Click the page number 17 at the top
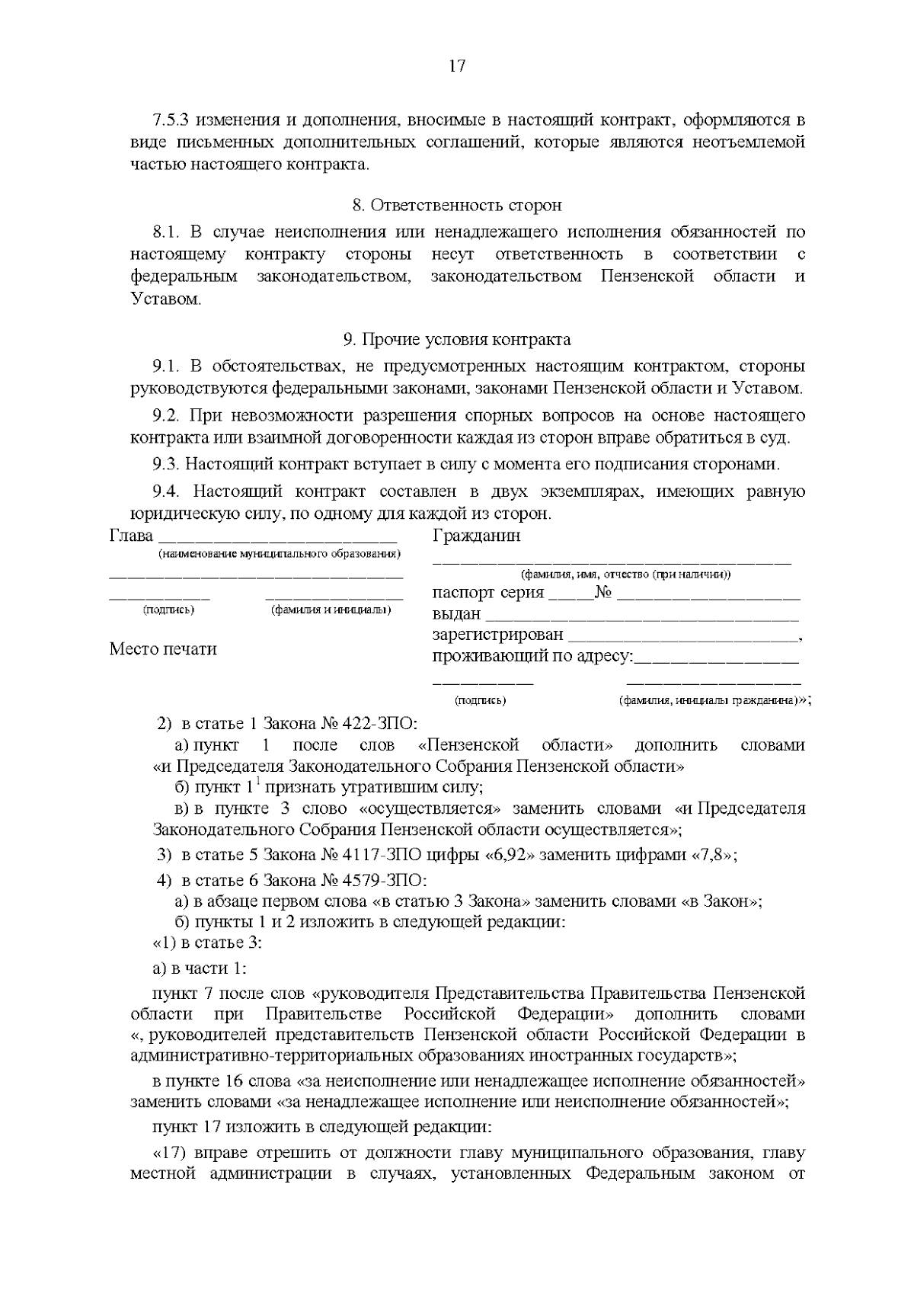(456, 66)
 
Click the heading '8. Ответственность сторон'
(456, 205)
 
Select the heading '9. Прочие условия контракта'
(456, 339)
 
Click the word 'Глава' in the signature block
(131, 536)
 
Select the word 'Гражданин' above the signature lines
(476, 536)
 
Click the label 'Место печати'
(163, 649)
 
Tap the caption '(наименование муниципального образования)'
(279, 553)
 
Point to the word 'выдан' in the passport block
(456, 614)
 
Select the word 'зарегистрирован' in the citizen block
(497, 635)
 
